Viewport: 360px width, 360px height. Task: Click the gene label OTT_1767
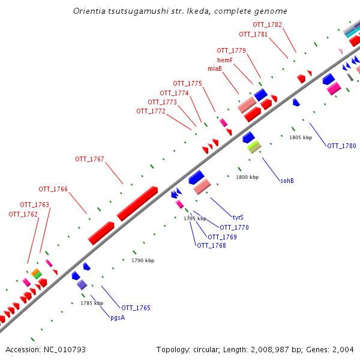(x=89, y=159)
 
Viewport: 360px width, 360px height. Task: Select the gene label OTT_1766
(x=53, y=189)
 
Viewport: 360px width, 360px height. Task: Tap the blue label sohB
(x=287, y=180)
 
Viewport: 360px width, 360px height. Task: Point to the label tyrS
(x=238, y=217)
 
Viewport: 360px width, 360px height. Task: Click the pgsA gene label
(x=118, y=317)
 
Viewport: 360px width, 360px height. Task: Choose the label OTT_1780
(x=341, y=146)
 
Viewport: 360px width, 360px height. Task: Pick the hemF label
(x=225, y=60)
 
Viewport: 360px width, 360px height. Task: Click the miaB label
(x=215, y=68)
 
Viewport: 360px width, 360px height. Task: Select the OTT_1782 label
(x=267, y=25)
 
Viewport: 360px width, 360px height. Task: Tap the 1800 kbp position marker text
(x=247, y=177)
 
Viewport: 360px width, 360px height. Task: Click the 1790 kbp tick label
(x=143, y=260)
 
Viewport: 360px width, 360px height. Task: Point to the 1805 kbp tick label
(x=301, y=137)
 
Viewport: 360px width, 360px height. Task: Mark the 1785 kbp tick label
(x=92, y=303)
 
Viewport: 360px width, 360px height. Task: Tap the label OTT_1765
(x=136, y=308)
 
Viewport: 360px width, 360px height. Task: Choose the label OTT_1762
(x=23, y=214)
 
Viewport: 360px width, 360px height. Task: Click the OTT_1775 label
(x=187, y=83)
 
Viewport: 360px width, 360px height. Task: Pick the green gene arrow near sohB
(x=254, y=146)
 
